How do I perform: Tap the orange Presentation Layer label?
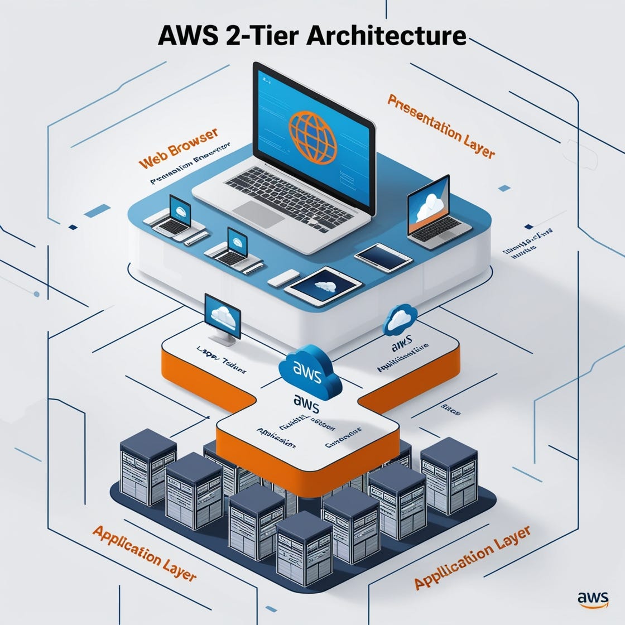[441, 126]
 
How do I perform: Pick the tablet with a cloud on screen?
[323, 285]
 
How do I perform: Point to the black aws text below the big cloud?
[306, 401]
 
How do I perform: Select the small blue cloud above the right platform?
[401, 319]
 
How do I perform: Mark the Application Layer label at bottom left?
[145, 552]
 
